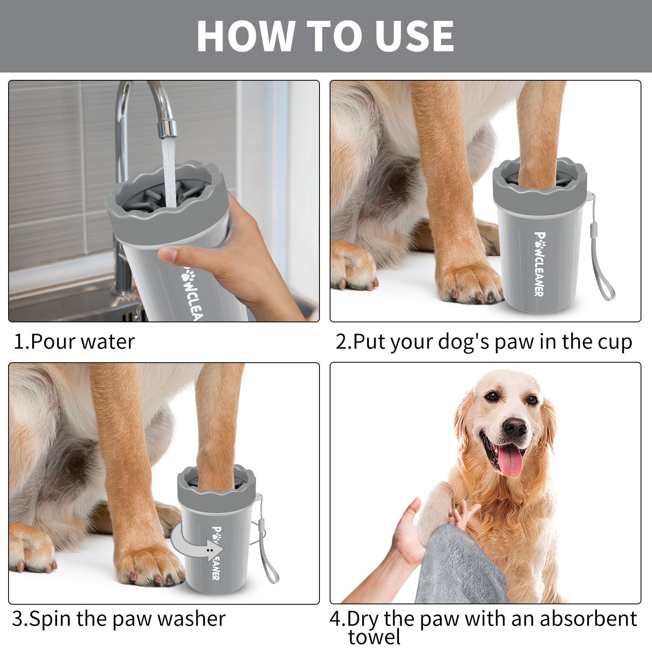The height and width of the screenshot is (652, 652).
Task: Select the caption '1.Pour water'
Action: point(74,341)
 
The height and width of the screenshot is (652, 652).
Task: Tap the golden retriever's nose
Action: point(514,427)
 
